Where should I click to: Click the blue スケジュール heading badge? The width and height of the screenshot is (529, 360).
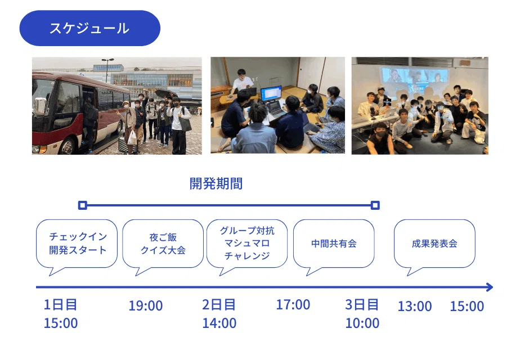[x=89, y=28]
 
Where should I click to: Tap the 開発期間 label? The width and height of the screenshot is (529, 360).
[x=216, y=184]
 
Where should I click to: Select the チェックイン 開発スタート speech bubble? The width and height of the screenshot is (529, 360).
[x=77, y=246]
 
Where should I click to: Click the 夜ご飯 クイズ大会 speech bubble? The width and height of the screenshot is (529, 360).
[x=163, y=246]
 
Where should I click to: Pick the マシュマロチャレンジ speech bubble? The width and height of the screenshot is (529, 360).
[x=247, y=246]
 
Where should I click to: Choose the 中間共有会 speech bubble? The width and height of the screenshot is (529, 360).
[x=334, y=246]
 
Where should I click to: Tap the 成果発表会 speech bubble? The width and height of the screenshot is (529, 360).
[x=434, y=246]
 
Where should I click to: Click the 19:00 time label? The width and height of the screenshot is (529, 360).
[x=146, y=306]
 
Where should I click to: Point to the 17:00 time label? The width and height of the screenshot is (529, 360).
[x=293, y=305]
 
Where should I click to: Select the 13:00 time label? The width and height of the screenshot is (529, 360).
[x=415, y=307]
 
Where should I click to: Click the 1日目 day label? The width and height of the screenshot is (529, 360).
[x=60, y=305]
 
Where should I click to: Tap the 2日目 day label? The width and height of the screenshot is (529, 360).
[x=219, y=305]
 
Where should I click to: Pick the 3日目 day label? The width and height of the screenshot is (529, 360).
[x=362, y=305]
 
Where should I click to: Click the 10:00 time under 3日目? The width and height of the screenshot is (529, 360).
[x=362, y=323]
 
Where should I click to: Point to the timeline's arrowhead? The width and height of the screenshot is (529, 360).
[x=490, y=287]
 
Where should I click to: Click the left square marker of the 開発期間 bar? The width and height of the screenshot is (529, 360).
[x=82, y=205]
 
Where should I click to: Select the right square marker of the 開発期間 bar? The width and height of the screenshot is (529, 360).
[x=375, y=205]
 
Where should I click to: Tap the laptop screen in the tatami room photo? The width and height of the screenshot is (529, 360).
[x=271, y=93]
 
